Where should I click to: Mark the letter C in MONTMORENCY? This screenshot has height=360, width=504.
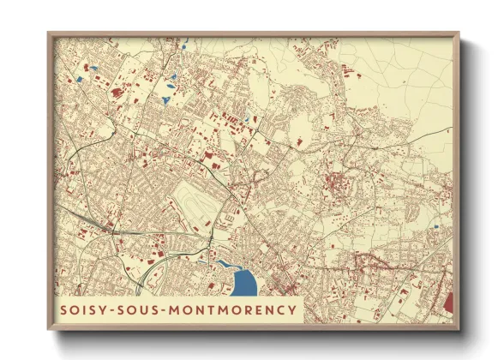[280, 309]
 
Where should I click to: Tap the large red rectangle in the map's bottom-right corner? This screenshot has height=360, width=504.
[448, 302]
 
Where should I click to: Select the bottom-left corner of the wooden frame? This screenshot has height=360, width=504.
[49, 328]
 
